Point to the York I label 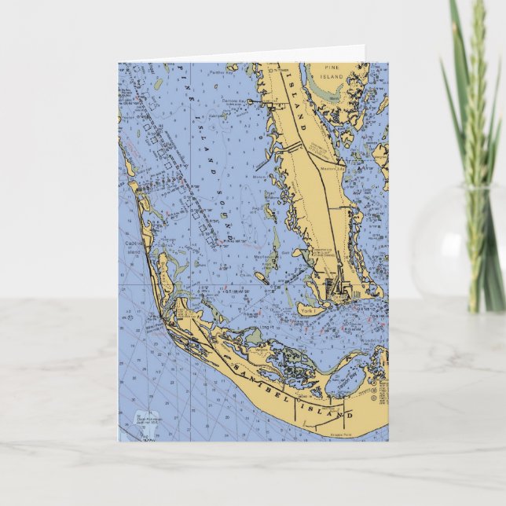[307, 311]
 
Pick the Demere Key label [233, 102]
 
